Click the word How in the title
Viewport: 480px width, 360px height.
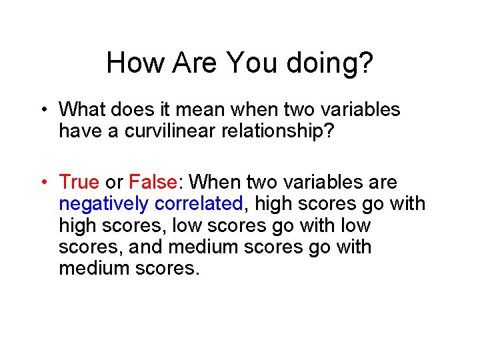click(133, 63)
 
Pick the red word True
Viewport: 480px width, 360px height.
click(79, 182)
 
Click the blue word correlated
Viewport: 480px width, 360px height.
click(197, 203)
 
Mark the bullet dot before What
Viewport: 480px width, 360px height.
click(42, 109)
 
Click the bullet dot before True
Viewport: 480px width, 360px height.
click(42, 182)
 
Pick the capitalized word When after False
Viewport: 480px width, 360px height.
click(217, 182)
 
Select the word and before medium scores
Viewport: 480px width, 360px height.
click(147, 247)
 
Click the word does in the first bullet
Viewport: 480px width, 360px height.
click(131, 109)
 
